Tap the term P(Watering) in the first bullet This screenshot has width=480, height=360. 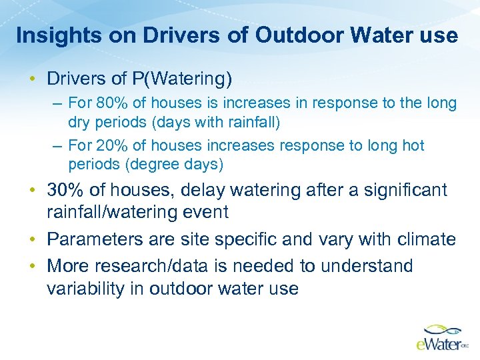(x=182, y=79)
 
